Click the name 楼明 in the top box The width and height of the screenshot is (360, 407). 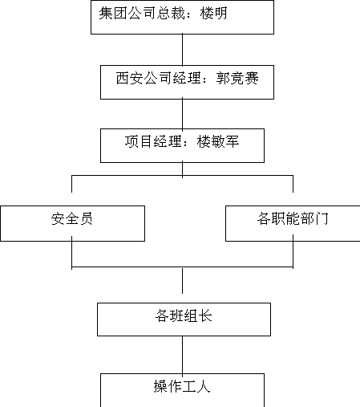213,13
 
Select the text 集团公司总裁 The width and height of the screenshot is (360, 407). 142,13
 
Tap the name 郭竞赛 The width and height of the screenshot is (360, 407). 237,78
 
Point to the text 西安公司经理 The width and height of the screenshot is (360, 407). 158,78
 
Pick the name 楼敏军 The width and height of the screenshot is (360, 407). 218,141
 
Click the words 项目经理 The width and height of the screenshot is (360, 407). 153,141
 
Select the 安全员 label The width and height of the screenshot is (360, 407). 72,218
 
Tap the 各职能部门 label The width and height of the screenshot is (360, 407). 293,218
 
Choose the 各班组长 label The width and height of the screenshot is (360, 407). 184,315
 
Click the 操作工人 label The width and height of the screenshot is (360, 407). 182,386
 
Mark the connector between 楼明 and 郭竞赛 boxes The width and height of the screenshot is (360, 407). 183,50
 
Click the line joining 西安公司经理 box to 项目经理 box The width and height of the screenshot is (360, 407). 183,114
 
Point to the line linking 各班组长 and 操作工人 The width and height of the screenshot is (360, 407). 183,355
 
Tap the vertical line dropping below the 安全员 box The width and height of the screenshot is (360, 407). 72,253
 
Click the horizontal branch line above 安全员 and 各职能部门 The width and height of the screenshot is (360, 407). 182,176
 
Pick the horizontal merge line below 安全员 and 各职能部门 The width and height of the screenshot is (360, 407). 182,267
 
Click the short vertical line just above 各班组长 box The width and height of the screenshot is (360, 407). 183,281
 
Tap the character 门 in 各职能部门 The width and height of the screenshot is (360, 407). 322,218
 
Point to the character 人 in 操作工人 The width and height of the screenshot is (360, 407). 204,386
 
